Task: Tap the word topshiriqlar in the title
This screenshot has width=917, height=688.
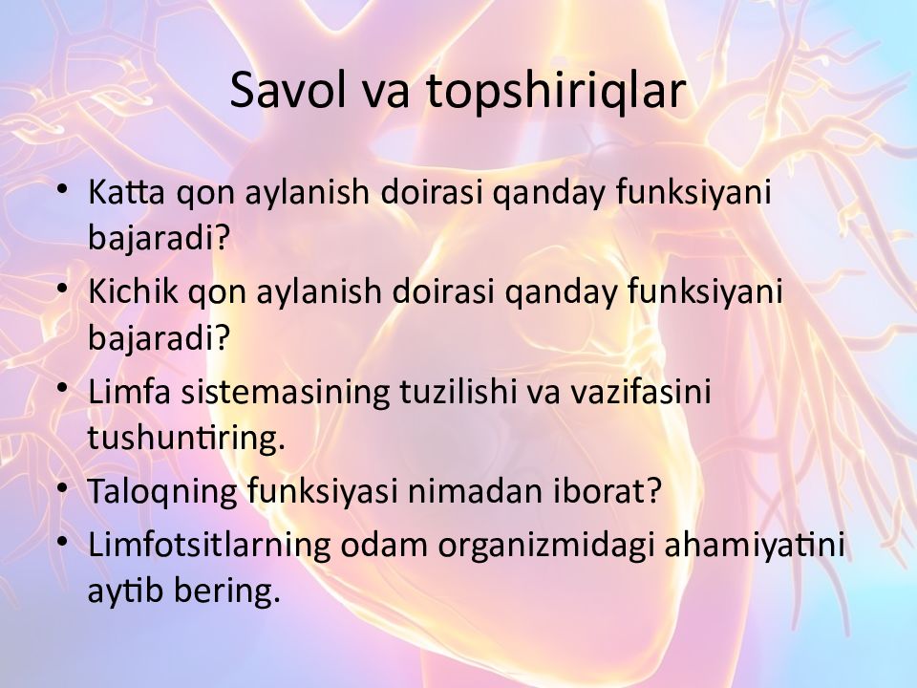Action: (556, 92)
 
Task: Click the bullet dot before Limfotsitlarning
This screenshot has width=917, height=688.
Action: (63, 541)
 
